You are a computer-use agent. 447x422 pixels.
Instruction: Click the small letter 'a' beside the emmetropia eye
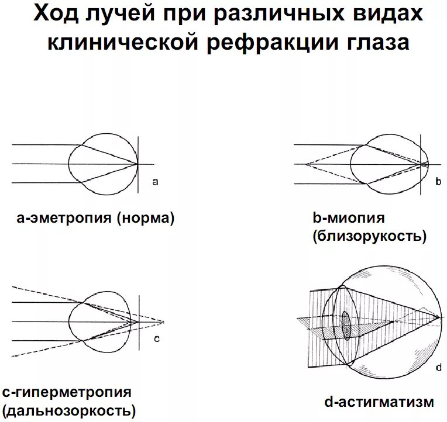(x=155, y=182)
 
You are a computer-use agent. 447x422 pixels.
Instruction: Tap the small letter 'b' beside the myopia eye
(x=438, y=182)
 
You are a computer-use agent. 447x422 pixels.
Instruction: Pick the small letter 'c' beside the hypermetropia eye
(x=156, y=338)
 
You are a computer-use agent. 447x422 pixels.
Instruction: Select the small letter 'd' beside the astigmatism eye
(x=438, y=368)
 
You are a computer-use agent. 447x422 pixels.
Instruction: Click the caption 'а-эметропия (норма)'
(x=96, y=219)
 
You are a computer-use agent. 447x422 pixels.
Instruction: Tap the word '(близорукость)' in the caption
(x=369, y=236)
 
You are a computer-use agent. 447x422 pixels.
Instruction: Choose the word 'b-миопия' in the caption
(x=348, y=219)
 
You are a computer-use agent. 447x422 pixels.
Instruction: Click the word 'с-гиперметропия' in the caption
(x=67, y=392)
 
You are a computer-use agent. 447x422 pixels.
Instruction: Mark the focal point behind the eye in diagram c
(x=163, y=321)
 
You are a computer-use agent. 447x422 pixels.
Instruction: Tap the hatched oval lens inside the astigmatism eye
(x=346, y=326)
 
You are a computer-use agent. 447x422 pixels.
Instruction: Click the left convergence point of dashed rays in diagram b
(x=305, y=164)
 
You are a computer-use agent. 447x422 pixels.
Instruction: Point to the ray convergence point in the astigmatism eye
(x=439, y=317)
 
